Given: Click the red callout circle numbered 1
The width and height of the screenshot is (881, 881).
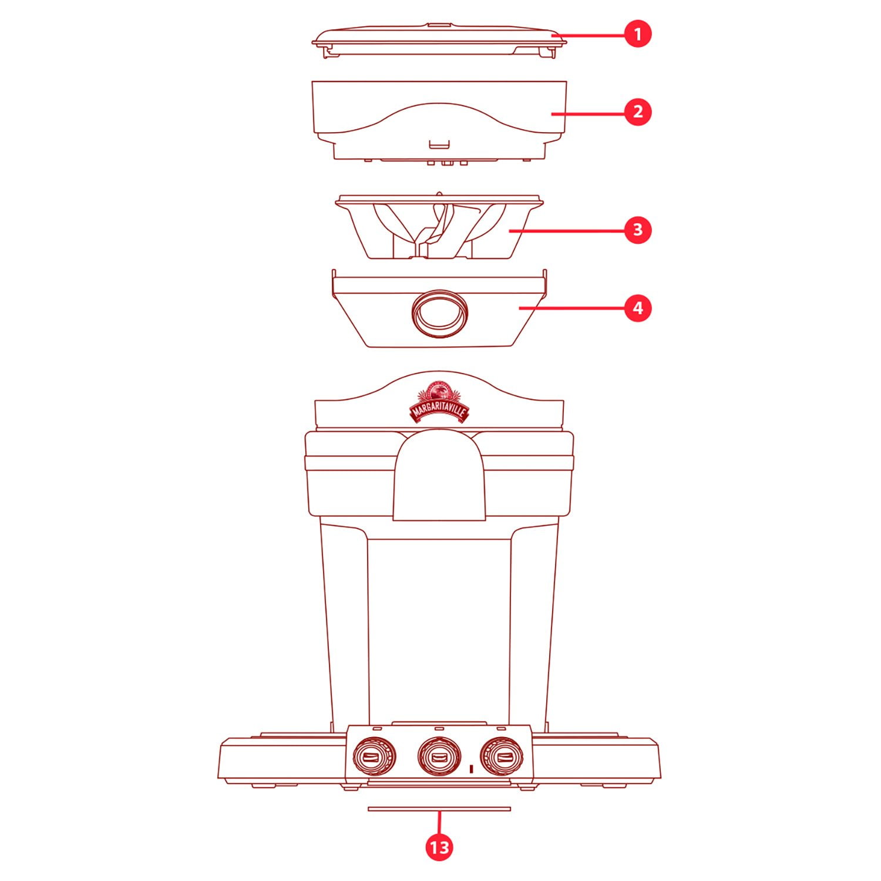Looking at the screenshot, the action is pyautogui.click(x=638, y=34).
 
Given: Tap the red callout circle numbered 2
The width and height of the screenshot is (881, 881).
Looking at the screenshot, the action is pyautogui.click(x=638, y=112).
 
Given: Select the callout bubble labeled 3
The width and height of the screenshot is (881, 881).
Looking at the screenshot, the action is pyautogui.click(x=638, y=229).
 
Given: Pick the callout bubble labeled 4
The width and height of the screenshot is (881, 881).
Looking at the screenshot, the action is pyautogui.click(x=638, y=308).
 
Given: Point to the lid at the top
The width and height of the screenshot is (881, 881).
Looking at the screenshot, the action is pyautogui.click(x=439, y=40).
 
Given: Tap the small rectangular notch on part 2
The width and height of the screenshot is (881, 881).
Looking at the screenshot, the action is pyautogui.click(x=439, y=144).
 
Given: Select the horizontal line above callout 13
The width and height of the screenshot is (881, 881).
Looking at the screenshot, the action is pyautogui.click(x=439, y=809).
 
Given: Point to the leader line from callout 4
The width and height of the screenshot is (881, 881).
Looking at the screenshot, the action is pyautogui.click(x=571, y=308).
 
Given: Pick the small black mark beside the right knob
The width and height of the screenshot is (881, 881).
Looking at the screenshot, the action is pyautogui.click(x=472, y=768).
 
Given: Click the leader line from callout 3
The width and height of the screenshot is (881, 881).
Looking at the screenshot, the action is pyautogui.click(x=566, y=230).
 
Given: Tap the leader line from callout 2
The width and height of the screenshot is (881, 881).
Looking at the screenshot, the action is pyautogui.click(x=587, y=113).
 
